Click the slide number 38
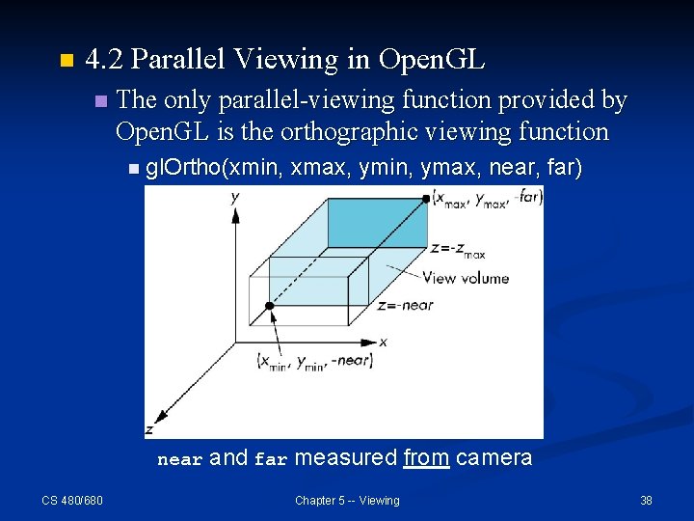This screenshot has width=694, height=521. (x=646, y=500)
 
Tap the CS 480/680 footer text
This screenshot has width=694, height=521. (x=72, y=500)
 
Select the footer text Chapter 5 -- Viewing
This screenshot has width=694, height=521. (x=347, y=500)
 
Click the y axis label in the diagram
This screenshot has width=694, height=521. (x=235, y=198)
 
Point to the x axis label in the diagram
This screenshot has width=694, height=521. (x=383, y=342)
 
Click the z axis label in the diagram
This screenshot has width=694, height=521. (x=149, y=428)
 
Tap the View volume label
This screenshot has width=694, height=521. (x=466, y=278)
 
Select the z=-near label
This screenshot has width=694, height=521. (x=406, y=306)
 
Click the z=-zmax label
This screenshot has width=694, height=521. (x=457, y=249)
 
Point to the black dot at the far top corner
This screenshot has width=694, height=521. (x=425, y=199)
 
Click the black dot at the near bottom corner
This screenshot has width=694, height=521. (x=270, y=306)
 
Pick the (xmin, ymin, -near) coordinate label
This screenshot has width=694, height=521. (x=314, y=362)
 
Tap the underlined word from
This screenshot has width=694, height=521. (x=426, y=457)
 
